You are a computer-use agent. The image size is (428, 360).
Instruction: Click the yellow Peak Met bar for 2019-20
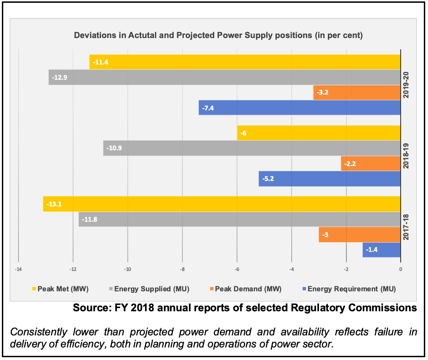pyautogui.click(x=245, y=62)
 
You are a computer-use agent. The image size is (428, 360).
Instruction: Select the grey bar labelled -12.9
pyautogui.click(x=224, y=77)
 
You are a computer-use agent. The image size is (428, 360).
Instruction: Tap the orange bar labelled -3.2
pyautogui.click(x=357, y=93)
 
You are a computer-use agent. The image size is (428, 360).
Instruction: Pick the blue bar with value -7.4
pyautogui.click(x=300, y=108)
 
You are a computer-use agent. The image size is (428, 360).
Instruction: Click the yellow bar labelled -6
pyautogui.click(x=319, y=133)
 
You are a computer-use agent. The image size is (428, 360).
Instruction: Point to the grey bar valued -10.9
pyautogui.click(x=252, y=148)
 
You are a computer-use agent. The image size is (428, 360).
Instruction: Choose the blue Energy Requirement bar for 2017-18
pyautogui.click(x=381, y=250)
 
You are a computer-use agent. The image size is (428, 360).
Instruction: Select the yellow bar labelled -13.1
pyautogui.click(x=222, y=204)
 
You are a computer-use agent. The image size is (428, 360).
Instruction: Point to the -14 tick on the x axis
pyautogui.click(x=18, y=269)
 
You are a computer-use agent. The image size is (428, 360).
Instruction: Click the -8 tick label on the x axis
pyautogui.click(x=182, y=269)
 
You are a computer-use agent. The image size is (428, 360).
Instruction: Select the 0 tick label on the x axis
pyautogui.click(x=401, y=269)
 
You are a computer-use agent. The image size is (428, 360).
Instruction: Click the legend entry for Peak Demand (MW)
pyautogui.click(x=249, y=289)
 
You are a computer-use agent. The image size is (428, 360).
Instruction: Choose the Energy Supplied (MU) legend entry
pyautogui.click(x=151, y=289)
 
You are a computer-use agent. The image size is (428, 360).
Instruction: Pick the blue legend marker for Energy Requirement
pyautogui.click(x=304, y=289)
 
